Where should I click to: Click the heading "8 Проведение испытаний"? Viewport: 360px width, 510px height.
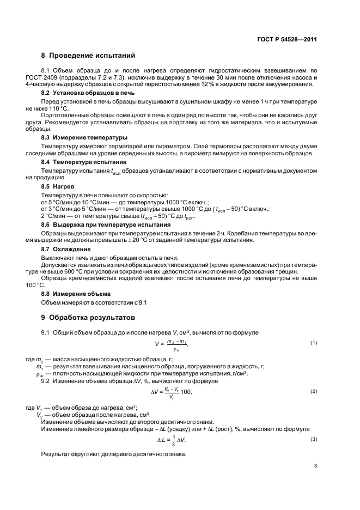[88, 55]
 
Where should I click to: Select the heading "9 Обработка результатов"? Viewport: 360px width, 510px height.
[88, 317]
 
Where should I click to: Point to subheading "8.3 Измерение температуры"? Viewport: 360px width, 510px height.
[80, 138]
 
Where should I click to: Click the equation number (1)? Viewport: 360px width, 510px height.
[314, 342]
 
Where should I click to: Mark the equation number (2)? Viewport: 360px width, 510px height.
[314, 391]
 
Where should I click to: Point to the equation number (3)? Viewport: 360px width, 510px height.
[314, 439]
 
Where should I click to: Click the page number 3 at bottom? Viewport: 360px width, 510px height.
[315, 481]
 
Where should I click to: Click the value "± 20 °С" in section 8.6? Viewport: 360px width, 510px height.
[155, 240]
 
